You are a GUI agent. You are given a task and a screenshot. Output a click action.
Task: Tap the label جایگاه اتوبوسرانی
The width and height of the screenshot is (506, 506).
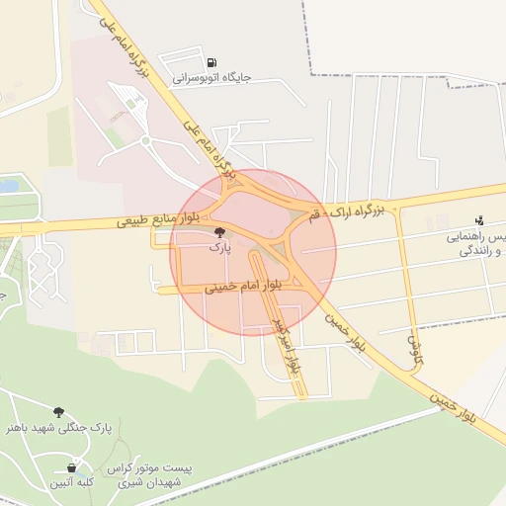click(x=212, y=76)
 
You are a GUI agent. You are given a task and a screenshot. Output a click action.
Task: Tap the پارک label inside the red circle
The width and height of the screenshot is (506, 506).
click(x=218, y=248)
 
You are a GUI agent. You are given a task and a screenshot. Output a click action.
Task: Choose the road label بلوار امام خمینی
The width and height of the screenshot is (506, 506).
click(x=242, y=288)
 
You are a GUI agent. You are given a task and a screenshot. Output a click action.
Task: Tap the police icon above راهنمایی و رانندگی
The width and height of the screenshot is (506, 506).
click(x=479, y=219)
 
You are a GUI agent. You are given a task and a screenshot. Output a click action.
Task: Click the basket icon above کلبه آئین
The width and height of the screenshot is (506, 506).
click(x=71, y=467)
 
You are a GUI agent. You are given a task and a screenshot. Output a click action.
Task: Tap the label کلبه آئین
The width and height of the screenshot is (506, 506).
click(x=71, y=482)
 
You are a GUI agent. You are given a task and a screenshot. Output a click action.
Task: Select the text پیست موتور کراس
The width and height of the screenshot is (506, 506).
click(x=157, y=466)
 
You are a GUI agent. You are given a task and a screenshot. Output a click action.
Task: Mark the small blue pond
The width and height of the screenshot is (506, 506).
click(x=8, y=185)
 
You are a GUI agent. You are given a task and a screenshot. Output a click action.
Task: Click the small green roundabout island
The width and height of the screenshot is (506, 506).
click(x=145, y=141)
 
